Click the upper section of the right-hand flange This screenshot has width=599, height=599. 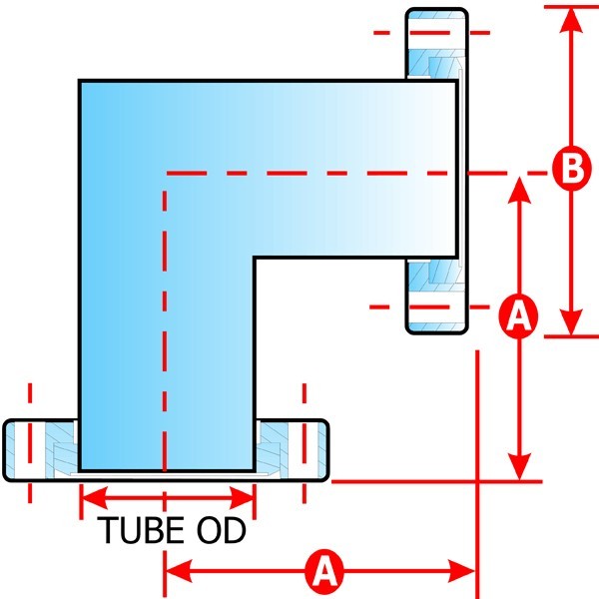(435, 45)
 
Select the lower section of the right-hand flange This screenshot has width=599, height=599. (435, 296)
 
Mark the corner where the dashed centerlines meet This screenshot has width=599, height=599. (165, 172)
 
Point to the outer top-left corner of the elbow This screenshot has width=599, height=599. (80, 80)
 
